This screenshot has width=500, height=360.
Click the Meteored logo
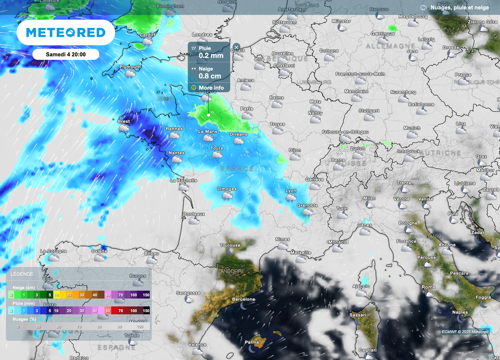65,33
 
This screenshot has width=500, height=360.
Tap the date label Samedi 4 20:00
66,54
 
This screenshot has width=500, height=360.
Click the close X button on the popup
236,47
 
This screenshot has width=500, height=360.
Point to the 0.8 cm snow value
209,76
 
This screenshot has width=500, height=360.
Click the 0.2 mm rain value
211,56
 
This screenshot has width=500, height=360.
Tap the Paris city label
247,109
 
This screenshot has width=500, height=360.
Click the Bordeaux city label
194,214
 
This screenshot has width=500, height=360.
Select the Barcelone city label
244,299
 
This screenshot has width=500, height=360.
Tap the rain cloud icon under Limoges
227,195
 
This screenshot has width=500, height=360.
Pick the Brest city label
124,121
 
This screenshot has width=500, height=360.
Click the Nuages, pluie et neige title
459,7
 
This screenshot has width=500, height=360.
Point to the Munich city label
412,128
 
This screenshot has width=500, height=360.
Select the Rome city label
428,287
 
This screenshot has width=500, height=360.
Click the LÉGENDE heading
22,274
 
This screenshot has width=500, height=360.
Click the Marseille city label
300,253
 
